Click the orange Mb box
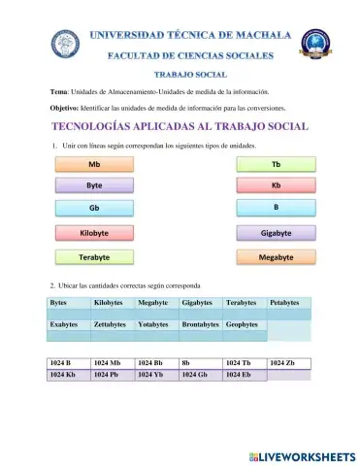pos(94,165)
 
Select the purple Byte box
pos(94,186)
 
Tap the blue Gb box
pos(94,209)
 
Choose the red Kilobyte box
pos(94,234)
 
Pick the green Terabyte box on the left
pos(94,257)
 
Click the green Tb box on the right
pos(277,165)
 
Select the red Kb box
pos(277,186)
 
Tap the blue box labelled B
pos(277,208)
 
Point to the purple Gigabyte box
pos(277,234)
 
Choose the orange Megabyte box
pos(277,257)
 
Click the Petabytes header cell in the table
pos(288,304)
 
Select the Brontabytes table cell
pos(200,324)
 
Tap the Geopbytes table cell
pos(244,324)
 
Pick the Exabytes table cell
pos(68,324)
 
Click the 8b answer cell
pos(200,363)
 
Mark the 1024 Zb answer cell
pos(288,363)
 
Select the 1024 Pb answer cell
pos(112,375)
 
